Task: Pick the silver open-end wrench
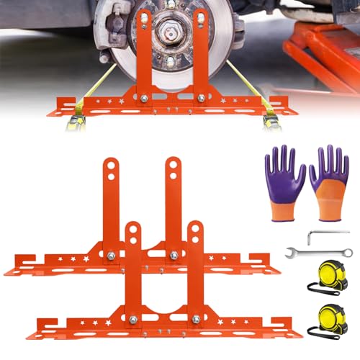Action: (317, 253)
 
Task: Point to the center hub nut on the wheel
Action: (171, 33)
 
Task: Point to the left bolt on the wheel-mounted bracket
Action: (144, 98)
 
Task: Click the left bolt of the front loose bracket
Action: (132, 318)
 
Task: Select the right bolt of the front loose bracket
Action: (195, 318)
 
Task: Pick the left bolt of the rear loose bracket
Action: (112, 255)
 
